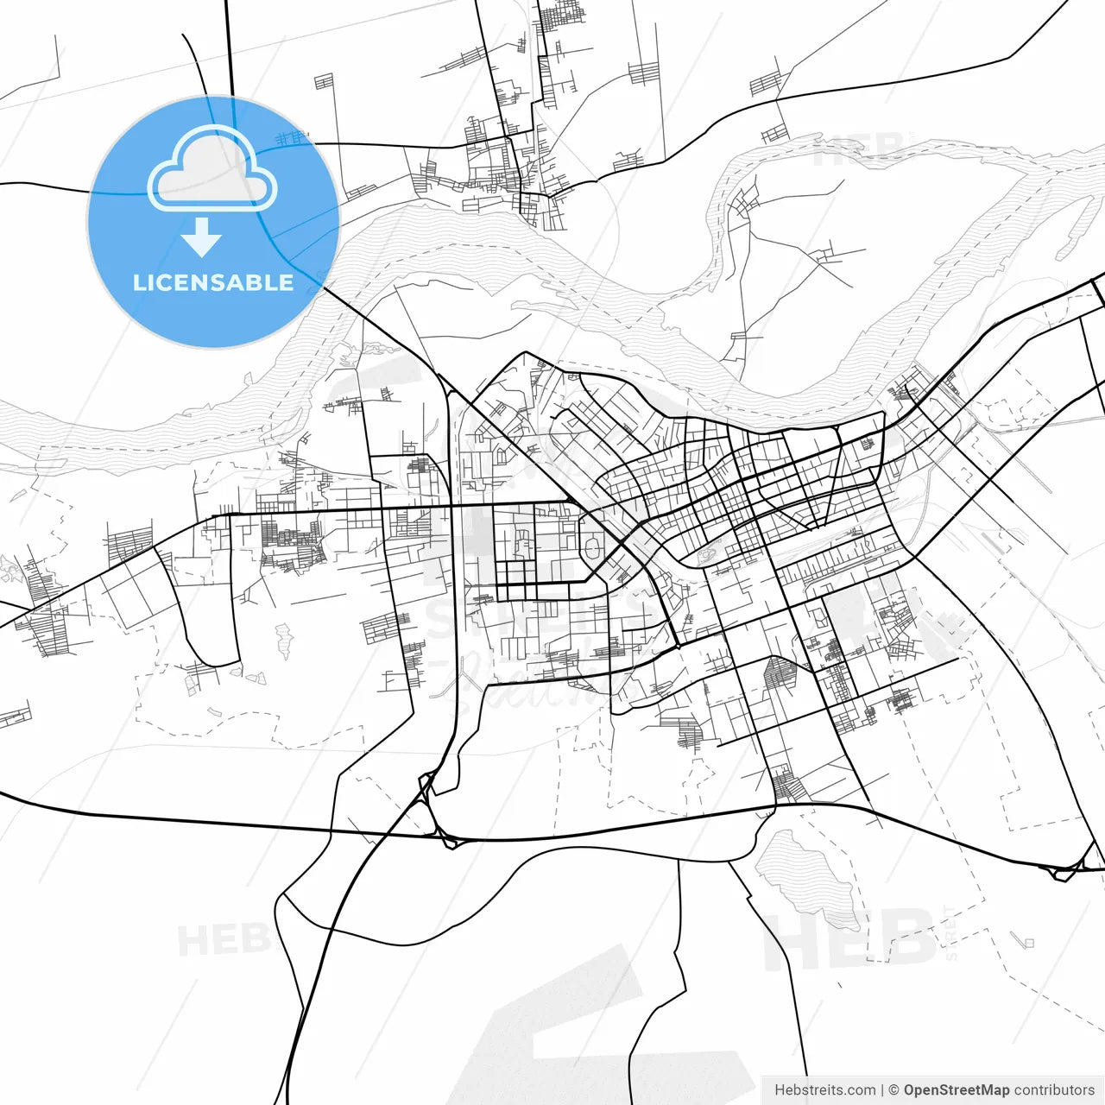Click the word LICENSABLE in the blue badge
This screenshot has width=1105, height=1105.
pos(213,282)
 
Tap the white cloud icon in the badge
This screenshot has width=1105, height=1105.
pos(212,170)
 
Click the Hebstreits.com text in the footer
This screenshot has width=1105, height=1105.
pos(824,1090)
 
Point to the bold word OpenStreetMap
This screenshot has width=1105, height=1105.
pos(957,1090)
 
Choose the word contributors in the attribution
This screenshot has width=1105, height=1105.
pos(1054,1090)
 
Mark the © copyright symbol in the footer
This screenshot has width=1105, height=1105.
pos(894,1090)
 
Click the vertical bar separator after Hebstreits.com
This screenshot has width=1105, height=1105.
pos(882,1090)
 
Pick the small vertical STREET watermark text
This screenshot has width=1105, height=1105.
pos(951,933)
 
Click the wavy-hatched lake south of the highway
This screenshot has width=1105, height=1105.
pos(807,872)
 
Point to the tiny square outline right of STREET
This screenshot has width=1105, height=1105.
pos(1028,942)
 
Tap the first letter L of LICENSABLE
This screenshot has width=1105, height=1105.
pos(139,282)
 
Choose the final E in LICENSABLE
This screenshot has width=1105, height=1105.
pos(286,282)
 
